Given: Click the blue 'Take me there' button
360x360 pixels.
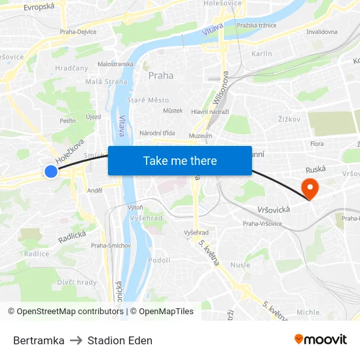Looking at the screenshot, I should click(180, 160).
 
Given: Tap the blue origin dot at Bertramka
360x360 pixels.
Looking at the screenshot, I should click(51, 171).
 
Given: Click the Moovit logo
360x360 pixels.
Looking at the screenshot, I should click(321, 340).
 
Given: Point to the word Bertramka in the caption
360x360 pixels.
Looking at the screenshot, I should click(39, 340).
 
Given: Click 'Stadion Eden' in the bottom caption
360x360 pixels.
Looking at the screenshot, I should click(120, 340).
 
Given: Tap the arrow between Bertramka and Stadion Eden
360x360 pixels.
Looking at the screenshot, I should click(76, 340).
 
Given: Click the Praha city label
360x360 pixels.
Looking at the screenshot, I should click(161, 75).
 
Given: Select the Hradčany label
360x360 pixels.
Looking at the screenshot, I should click(72, 67).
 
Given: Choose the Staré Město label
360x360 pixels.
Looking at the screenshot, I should click(148, 100).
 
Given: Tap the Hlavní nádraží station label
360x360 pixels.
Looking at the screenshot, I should click(209, 112).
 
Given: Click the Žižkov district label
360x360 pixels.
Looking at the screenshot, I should click(289, 119).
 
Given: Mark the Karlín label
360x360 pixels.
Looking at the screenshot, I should click(262, 54).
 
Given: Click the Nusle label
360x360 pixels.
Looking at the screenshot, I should click(240, 265).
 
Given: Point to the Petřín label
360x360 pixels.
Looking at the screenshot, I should click(67, 121).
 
